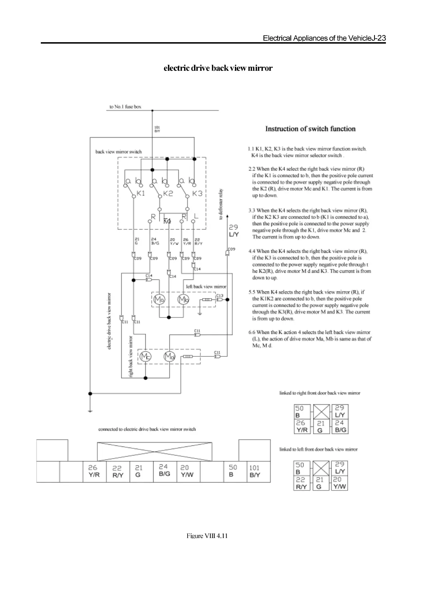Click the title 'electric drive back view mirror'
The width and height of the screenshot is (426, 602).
(218, 68)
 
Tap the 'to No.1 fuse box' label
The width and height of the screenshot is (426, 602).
(125, 107)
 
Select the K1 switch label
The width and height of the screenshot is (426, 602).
(141, 193)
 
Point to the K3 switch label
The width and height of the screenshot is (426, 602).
(197, 193)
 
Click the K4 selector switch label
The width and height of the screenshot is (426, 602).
(167, 221)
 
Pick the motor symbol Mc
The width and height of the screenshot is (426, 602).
(145, 356)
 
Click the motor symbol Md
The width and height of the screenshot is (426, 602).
(169, 356)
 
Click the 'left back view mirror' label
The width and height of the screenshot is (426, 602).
(206, 286)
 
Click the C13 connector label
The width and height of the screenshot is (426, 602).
(219, 296)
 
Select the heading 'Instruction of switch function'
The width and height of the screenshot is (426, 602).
(310, 129)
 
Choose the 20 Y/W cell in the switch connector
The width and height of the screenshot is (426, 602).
(187, 471)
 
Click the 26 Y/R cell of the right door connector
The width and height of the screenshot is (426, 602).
(302, 426)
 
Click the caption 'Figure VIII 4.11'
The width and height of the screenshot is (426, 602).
(207, 536)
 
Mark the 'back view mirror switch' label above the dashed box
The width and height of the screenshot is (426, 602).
(118, 152)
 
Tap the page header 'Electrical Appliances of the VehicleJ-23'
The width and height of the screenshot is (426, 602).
(324, 38)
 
